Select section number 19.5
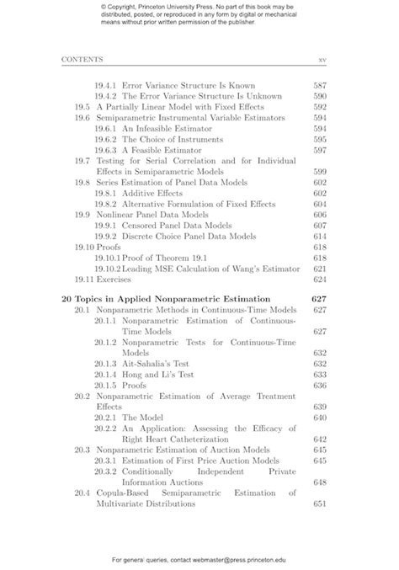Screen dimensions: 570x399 [x=82, y=108]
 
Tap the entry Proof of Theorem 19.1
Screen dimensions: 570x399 [x=174, y=258]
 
